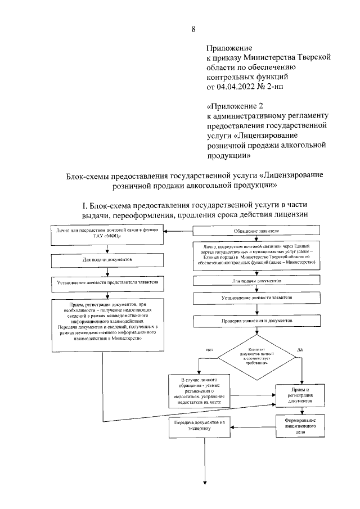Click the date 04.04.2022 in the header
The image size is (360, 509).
point(245,87)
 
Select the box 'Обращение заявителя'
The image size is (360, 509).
point(256,232)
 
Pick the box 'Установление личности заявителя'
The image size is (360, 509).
point(256,297)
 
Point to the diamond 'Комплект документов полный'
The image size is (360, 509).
point(256,356)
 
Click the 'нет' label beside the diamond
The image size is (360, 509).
point(209,350)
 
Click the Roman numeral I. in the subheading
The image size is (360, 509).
point(85,206)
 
